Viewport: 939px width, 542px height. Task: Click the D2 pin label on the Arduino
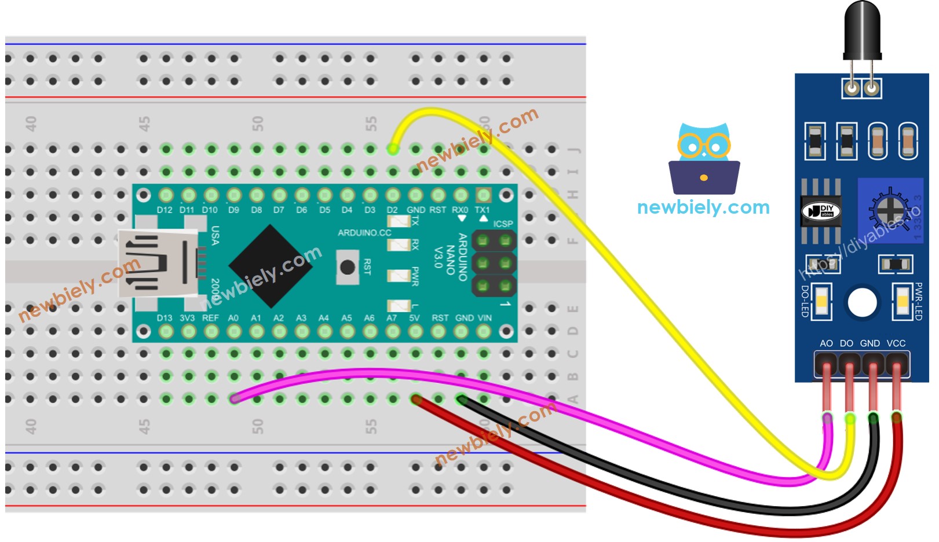[392, 210]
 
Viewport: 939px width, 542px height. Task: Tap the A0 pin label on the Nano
[233, 318]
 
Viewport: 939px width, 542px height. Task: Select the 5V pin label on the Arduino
[414, 318]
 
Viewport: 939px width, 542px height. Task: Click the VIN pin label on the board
[484, 318]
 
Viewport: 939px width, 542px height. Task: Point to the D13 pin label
[165, 318]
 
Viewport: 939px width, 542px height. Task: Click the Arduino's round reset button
[347, 267]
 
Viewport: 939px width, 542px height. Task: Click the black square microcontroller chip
[271, 266]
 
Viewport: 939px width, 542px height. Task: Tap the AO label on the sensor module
[826, 343]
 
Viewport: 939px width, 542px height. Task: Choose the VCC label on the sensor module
[896, 343]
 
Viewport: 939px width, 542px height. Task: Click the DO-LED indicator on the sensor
[821, 302]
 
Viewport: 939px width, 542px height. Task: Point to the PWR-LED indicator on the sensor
[903, 302]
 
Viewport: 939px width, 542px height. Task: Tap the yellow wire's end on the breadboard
[393, 149]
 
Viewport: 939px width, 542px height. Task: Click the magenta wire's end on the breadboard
[234, 398]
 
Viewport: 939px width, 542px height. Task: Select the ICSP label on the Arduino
[503, 224]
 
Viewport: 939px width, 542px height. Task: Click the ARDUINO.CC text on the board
[364, 233]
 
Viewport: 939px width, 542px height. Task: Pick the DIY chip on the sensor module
[821, 211]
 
